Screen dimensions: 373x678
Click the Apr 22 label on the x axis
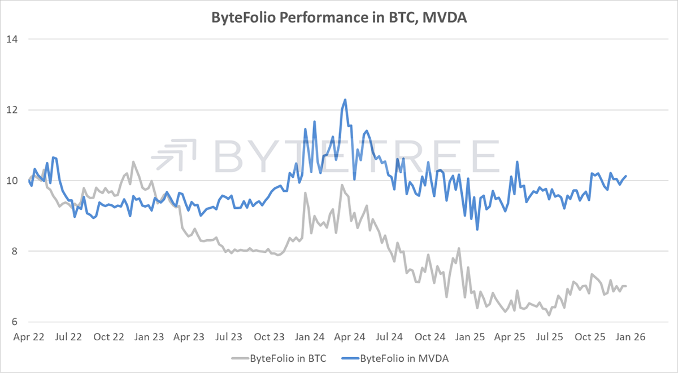tap(28, 337)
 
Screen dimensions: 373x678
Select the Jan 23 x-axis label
tap(150, 337)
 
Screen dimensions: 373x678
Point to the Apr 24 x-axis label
tap(351, 337)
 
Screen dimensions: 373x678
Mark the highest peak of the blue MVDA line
tap(345, 100)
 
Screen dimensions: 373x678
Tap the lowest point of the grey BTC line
tap(549, 315)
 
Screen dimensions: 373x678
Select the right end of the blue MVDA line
tap(626, 176)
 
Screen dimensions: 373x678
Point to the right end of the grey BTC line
tap(626, 286)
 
